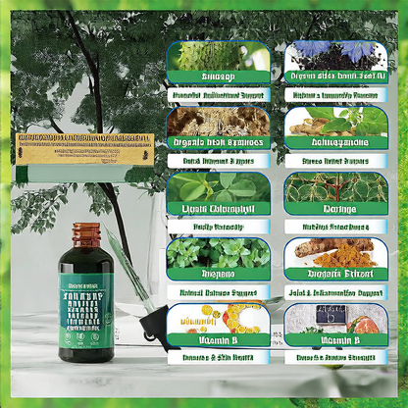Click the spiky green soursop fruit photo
pyautogui.click(x=217, y=55)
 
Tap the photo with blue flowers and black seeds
pyautogui.click(x=333, y=55)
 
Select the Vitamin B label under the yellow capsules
pyautogui.click(x=217, y=340)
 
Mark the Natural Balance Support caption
pyautogui.click(x=217, y=292)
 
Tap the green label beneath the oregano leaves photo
pyautogui.click(x=217, y=275)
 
